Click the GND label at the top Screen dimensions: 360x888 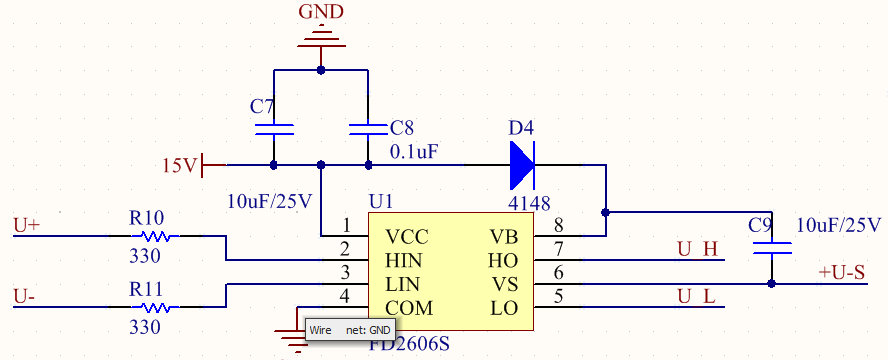[321, 12]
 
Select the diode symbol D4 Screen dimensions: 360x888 [522, 164]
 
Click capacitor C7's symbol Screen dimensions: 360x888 [274, 129]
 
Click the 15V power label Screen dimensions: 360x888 [180, 165]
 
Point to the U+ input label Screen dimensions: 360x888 [27, 225]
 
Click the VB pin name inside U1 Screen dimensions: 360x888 [503, 237]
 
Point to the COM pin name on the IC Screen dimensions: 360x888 [410, 308]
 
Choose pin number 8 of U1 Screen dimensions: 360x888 [559, 225]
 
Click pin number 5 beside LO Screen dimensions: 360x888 [559, 296]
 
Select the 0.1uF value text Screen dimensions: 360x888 [412, 152]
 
